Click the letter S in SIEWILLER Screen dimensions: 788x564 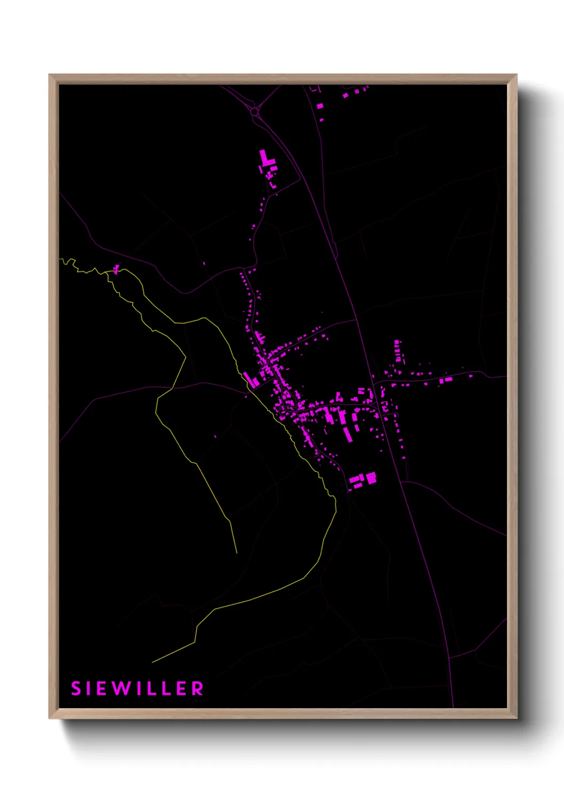pos(76,688)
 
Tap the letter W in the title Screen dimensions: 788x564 pos(122,688)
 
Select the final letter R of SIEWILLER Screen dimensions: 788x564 pos(198,688)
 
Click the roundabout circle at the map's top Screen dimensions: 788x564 pos(254,112)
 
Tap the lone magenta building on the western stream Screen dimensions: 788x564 pos(116,269)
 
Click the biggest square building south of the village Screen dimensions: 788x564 pos(371,478)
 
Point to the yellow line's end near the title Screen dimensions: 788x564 pos(152,662)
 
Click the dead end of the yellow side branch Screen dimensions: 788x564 pos(237,553)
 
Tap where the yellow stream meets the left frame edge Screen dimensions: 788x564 pos(60,259)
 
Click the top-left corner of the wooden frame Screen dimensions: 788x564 pos(50,75)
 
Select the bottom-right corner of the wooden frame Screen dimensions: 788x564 pos(517,718)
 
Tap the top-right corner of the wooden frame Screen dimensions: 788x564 pos(517,75)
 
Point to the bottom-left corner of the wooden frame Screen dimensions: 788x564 pos(50,718)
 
